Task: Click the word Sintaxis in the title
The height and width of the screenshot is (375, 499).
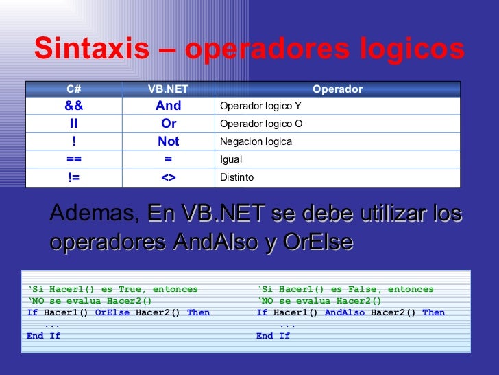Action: pos(91,49)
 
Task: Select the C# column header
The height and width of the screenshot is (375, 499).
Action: pos(74,89)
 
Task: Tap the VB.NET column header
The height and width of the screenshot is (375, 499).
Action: pos(168,89)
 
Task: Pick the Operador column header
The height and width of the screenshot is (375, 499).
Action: pos(337,89)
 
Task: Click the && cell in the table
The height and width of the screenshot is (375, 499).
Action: pos(74,106)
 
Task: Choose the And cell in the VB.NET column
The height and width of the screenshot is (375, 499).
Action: pos(168,106)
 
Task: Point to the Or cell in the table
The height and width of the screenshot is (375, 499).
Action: pos(169,124)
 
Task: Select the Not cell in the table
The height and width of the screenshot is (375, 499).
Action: pos(168,141)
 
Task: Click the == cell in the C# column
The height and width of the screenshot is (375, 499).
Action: pos(74,159)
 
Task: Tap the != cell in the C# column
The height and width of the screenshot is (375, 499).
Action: pos(74,177)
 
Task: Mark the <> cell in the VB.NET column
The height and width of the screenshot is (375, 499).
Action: pos(168,177)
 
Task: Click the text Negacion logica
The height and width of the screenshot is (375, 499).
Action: pos(256,141)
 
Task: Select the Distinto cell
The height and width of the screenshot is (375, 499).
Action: pos(236,177)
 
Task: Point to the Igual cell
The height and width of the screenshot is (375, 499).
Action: pos(230,159)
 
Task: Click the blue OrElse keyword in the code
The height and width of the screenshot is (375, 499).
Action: pos(112,312)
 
